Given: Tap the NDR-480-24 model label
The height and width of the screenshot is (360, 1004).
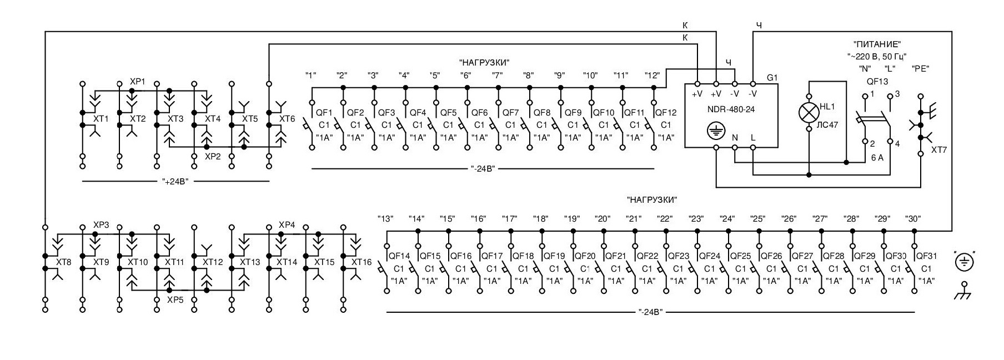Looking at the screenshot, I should coord(730,109).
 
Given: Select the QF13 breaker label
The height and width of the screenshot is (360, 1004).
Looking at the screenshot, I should coord(877,81).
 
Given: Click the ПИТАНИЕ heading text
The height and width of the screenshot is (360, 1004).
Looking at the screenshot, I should coord(877,44).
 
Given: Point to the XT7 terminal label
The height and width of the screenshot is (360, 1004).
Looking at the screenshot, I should coord(939,150).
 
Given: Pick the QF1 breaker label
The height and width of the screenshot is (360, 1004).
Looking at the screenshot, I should coord(324,113).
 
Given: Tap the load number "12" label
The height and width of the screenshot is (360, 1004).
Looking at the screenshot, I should coord(652,75).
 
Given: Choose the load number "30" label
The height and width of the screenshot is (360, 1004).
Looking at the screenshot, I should coord(913,219).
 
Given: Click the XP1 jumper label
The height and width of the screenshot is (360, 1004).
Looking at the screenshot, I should coord(137,82).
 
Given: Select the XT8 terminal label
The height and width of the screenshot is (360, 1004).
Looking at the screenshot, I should coord(64,261).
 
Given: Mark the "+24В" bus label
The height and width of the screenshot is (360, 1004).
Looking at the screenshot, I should coord(175,182).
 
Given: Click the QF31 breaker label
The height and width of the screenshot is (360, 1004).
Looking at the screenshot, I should coord(926,256).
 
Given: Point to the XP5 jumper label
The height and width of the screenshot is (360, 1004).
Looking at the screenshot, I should coord(175,299).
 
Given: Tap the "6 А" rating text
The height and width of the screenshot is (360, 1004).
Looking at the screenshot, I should coord(877,158).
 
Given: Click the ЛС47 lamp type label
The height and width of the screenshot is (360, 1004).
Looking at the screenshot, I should coord(827,125).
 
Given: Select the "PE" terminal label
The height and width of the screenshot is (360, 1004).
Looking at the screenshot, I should coord(920,69).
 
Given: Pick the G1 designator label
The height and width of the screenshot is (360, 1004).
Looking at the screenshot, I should coord(772,78).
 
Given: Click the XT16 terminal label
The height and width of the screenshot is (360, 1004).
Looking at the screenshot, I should coord(361,262).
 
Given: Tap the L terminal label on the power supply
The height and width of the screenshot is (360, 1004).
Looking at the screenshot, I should coord(753,137).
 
